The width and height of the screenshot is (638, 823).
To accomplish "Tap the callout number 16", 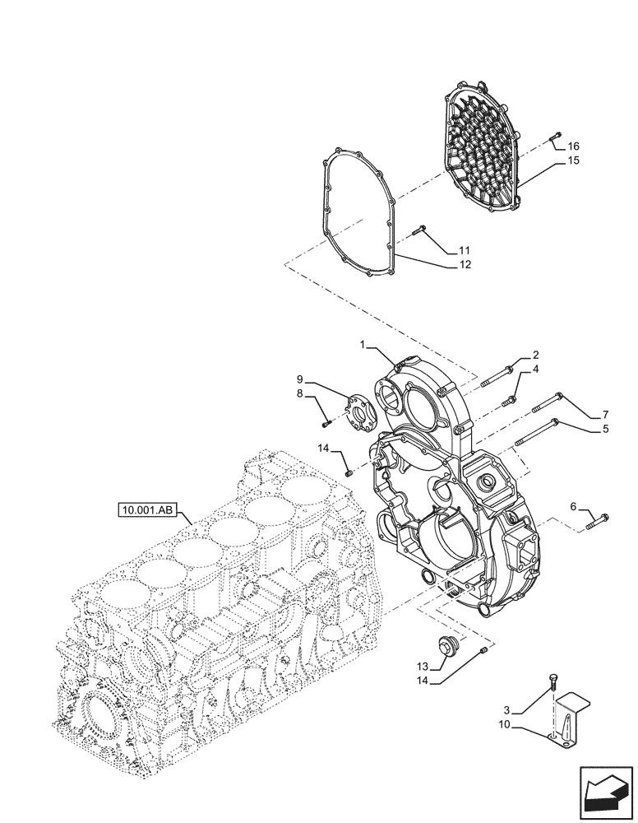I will [573, 146].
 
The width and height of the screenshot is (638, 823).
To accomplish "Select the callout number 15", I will [573, 160].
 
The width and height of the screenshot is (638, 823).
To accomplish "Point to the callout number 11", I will [465, 249].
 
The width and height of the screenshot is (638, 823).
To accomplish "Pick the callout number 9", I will [300, 379].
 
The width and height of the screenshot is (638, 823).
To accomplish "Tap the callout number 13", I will [421, 667].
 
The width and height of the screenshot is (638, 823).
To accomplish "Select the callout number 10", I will [503, 725].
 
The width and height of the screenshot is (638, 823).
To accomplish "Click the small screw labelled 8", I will [326, 423].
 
